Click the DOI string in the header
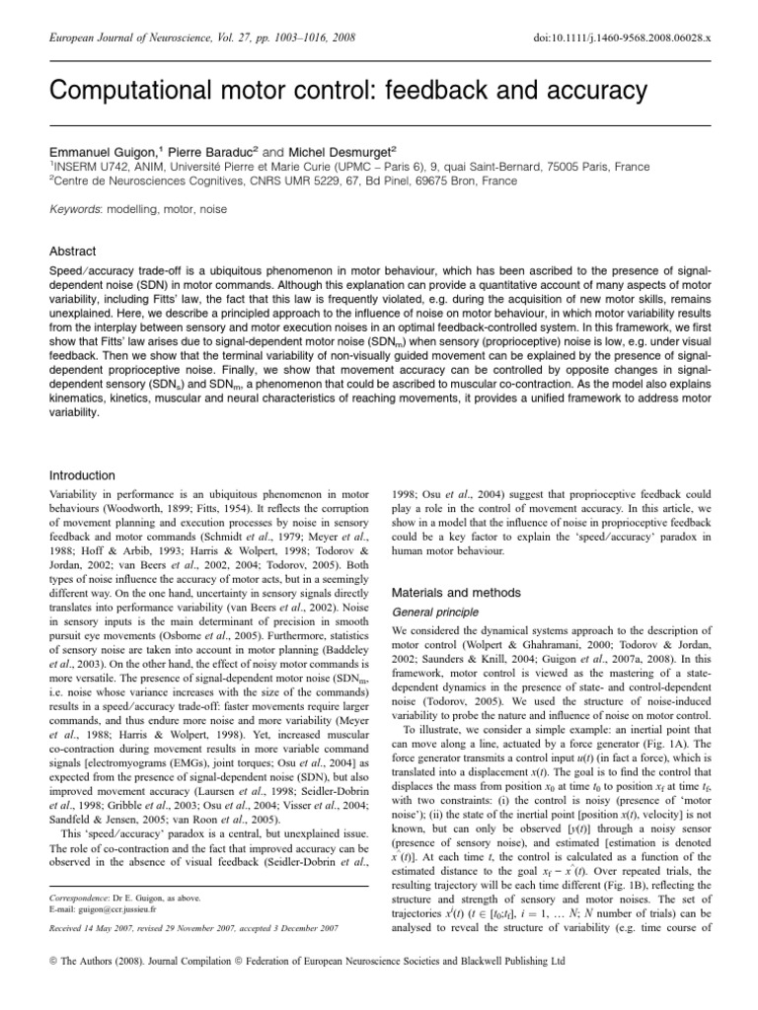621,36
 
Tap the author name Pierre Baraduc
209,153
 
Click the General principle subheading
432,612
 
